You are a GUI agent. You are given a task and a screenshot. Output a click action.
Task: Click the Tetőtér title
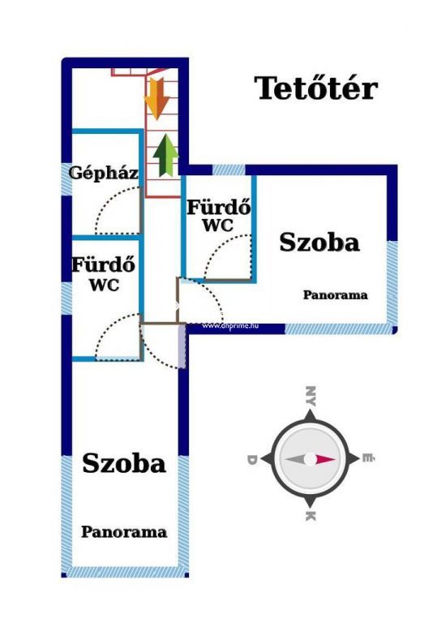pyautogui.click(x=316, y=88)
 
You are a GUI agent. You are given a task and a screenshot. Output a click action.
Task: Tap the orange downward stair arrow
pyautogui.click(x=157, y=98)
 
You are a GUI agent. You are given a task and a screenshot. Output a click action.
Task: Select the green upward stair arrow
pyautogui.click(x=165, y=156)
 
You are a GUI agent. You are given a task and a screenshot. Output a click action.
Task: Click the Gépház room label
pyautogui.click(x=104, y=174)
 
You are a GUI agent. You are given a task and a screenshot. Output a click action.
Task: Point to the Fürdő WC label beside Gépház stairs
pyautogui.click(x=219, y=216)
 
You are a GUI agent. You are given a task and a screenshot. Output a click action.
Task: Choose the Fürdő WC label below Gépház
pyautogui.click(x=103, y=274)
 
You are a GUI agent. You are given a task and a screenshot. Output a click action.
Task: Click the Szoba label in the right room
pyautogui.click(x=319, y=243)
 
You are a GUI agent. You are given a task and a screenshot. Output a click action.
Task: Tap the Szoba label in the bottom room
pyautogui.click(x=123, y=463)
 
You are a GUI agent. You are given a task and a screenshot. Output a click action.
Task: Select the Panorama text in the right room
pyautogui.click(x=336, y=294)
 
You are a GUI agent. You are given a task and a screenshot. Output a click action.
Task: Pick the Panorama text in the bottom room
pyautogui.click(x=124, y=532)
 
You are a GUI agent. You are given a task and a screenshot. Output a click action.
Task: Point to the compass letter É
pyautogui.click(x=368, y=458)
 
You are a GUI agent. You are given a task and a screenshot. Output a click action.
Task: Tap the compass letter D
pyautogui.click(x=252, y=460)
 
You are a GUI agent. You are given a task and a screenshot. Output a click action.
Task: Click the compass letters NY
pyautogui.click(x=311, y=396)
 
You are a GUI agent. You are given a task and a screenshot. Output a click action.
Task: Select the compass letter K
pyautogui.click(x=311, y=516)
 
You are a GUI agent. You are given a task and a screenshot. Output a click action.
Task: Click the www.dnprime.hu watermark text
pyautogui.click(x=230, y=326)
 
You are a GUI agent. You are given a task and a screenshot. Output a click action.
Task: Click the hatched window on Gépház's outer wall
pyautogui.click(x=66, y=179)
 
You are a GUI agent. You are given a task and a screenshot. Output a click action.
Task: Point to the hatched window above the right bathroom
pyautogui.click(x=229, y=170)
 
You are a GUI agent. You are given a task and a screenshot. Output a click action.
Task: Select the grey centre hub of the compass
pyautogui.click(x=311, y=460)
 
